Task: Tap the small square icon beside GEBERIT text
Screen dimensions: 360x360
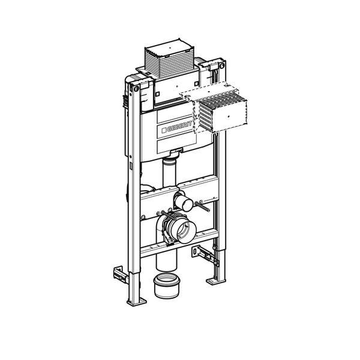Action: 163,131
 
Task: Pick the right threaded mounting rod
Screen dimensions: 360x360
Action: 203,207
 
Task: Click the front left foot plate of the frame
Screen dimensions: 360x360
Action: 136,301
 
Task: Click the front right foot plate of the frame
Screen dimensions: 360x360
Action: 215,280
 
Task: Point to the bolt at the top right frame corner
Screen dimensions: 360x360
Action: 222,64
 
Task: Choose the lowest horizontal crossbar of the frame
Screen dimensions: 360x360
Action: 180,243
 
